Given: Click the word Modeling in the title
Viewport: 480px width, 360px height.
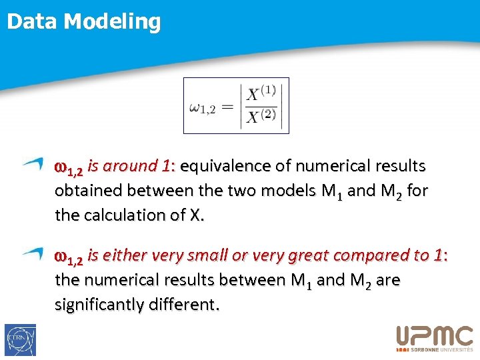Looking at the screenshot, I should [x=112, y=22].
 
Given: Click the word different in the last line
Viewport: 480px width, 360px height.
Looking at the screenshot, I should [x=186, y=305].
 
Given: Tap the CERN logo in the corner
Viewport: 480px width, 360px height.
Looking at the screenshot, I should [x=20, y=340].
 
